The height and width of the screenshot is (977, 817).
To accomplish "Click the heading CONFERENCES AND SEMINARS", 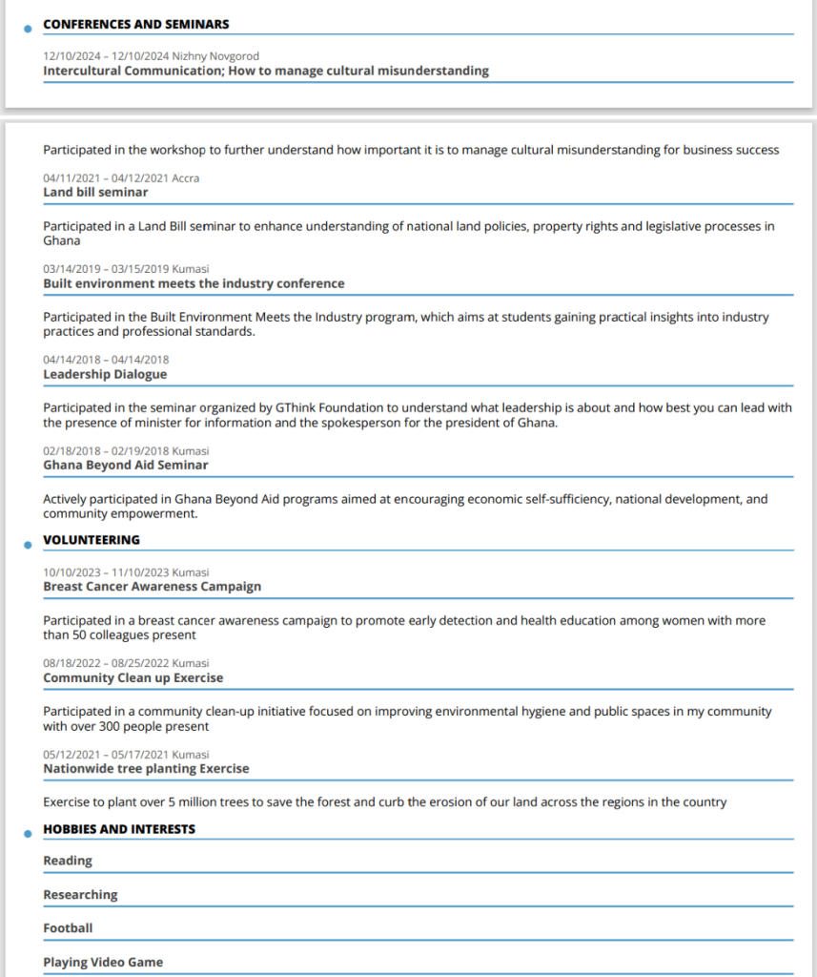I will pyautogui.click(x=136, y=24).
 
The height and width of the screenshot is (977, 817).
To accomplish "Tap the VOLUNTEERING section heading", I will pyautogui.click(x=92, y=540).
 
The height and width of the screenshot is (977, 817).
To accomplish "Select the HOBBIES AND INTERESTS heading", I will pyautogui.click(x=119, y=829).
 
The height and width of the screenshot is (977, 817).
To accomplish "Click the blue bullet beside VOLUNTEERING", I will pyautogui.click(x=28, y=545).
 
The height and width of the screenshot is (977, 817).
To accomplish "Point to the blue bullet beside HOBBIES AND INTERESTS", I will pyautogui.click(x=28, y=834).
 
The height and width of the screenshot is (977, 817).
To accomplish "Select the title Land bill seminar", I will pyautogui.click(x=95, y=192).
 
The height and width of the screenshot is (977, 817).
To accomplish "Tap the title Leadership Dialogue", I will pyautogui.click(x=105, y=374).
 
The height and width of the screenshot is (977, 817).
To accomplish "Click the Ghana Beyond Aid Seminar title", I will pyautogui.click(x=126, y=465).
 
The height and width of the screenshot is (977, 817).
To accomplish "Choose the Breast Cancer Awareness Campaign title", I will pyautogui.click(x=152, y=586).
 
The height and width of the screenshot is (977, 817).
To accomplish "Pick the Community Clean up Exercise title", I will pyautogui.click(x=133, y=677).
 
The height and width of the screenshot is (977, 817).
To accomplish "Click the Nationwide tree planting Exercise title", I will pyautogui.click(x=146, y=768).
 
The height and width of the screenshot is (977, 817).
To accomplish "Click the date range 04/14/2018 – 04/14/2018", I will pyautogui.click(x=106, y=360).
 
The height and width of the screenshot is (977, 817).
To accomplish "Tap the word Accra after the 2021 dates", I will pyautogui.click(x=186, y=178).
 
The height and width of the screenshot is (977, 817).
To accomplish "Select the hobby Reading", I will pyautogui.click(x=68, y=861).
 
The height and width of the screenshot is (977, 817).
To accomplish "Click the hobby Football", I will pyautogui.click(x=68, y=927).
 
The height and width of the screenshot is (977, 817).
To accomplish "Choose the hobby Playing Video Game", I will pyautogui.click(x=103, y=962).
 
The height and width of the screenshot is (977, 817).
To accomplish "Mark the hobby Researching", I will pyautogui.click(x=80, y=895).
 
